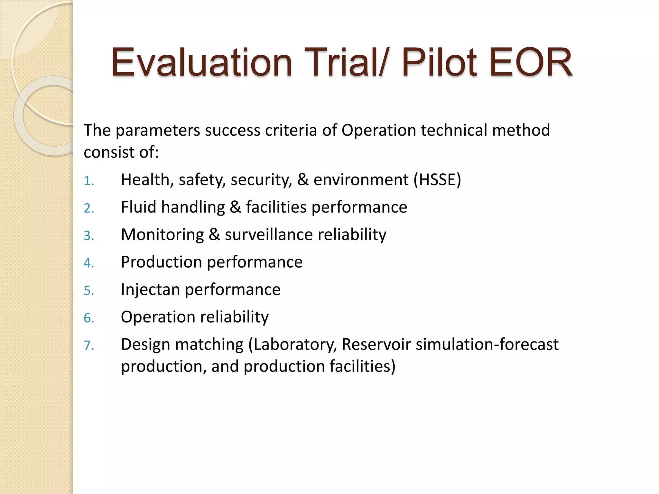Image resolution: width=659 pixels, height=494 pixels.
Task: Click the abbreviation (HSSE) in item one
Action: (x=437, y=180)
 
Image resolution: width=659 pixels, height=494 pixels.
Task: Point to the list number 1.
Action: (x=88, y=181)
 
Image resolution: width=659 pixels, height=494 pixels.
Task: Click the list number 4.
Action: (x=88, y=263)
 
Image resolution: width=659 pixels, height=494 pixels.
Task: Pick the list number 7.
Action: (x=88, y=346)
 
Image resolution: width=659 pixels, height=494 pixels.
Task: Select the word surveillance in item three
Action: (x=269, y=234)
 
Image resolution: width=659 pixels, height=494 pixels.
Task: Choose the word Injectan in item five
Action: (x=150, y=289)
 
